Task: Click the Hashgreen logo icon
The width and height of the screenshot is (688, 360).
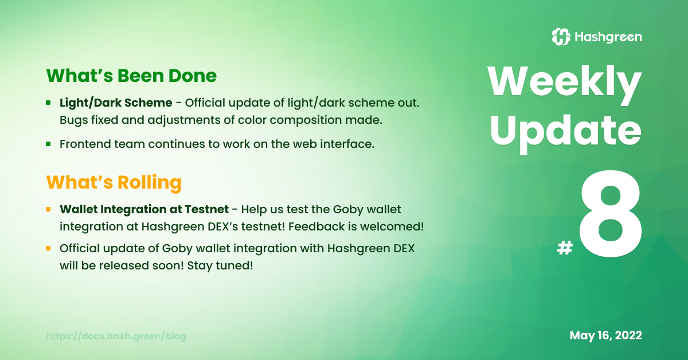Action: [x=561, y=37]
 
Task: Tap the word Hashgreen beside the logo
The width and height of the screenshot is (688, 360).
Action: [x=608, y=37]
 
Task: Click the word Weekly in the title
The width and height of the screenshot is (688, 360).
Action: [x=565, y=83]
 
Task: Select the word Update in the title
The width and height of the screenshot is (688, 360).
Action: [x=566, y=132]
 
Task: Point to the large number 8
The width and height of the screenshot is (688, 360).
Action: [x=610, y=213]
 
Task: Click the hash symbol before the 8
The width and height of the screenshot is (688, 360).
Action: [x=565, y=248]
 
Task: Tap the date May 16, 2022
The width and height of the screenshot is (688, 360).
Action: [x=605, y=335]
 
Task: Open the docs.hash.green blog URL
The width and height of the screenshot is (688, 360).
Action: [x=116, y=336]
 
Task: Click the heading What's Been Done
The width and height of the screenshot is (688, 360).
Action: [x=131, y=76]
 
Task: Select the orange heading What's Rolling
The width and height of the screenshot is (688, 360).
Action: [x=114, y=182]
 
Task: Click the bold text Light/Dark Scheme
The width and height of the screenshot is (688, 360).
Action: [x=116, y=103]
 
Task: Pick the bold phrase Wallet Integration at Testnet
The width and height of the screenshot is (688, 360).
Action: [x=144, y=209]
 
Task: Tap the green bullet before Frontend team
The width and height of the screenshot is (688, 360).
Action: [x=48, y=144]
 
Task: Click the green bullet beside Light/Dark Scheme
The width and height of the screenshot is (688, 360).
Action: [x=48, y=103]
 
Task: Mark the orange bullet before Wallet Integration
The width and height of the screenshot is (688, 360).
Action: [x=48, y=209]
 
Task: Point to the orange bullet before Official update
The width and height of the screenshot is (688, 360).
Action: [x=48, y=248]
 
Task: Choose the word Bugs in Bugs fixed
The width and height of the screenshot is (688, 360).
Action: [x=74, y=120]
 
